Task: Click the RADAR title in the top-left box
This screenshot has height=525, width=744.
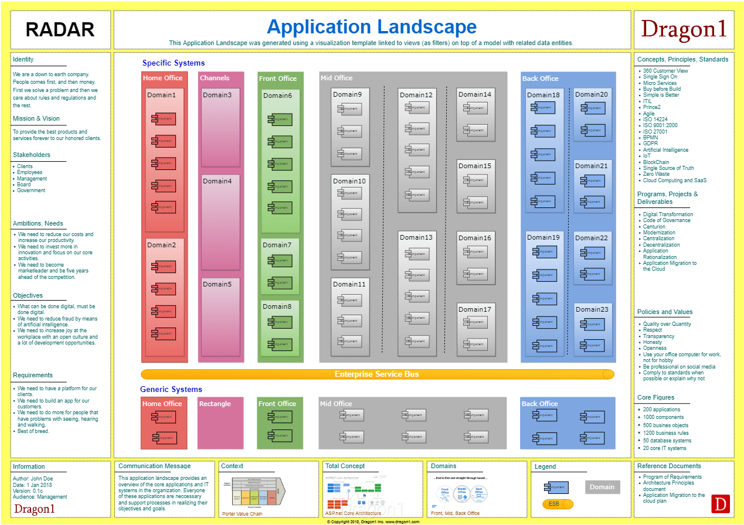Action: [x=60, y=29]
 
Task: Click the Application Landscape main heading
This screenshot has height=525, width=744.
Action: [x=372, y=26]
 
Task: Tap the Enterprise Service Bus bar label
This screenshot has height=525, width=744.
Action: [x=376, y=374]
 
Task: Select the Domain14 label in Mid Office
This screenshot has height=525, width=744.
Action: [x=475, y=94]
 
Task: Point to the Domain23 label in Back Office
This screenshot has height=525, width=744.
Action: [x=592, y=309]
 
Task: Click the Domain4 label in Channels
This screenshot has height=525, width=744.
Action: [x=218, y=181]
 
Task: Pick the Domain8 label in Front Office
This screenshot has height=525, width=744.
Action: [x=277, y=306]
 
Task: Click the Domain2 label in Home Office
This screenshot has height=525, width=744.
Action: [x=161, y=245]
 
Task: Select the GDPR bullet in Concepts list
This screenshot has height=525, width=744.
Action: [x=650, y=144]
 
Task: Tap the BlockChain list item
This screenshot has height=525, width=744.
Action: [x=655, y=162]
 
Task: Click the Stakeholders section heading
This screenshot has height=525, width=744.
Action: [x=32, y=155]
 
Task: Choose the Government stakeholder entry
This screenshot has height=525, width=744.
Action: [x=31, y=190]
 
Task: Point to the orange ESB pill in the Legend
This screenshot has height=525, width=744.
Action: [x=558, y=504]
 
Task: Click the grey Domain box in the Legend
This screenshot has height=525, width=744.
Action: [x=602, y=487]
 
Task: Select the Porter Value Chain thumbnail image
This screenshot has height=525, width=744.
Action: [x=257, y=493]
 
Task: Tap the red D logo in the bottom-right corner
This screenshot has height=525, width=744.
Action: [x=719, y=504]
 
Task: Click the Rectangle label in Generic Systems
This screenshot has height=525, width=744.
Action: [x=215, y=404]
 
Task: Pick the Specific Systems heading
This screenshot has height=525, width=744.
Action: [x=174, y=63]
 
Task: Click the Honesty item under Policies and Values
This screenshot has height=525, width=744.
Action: [x=653, y=342]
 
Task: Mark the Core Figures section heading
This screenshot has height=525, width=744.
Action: [x=655, y=397]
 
